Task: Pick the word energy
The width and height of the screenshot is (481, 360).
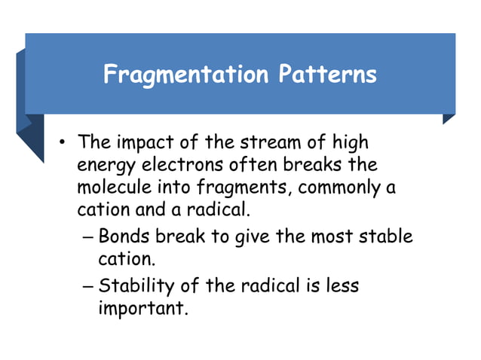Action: pyautogui.click(x=104, y=165)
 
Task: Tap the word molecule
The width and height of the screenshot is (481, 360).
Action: pyautogui.click(x=111, y=186)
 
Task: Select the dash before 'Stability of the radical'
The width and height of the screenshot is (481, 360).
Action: pyautogui.click(x=87, y=287)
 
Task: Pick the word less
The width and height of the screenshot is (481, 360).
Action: pyautogui.click(x=342, y=286)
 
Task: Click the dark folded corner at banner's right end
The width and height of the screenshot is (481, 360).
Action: pyautogui.click(x=449, y=119)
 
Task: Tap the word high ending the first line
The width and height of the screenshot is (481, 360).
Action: pyautogui.click(x=353, y=142)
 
